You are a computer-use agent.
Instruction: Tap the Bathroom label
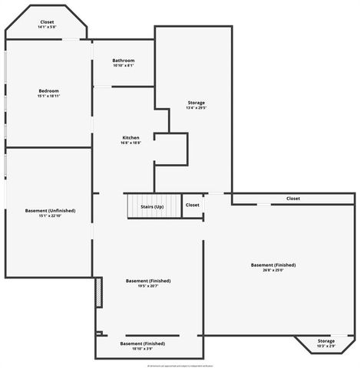124,61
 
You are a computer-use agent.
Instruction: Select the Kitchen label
130,138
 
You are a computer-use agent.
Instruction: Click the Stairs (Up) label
152,207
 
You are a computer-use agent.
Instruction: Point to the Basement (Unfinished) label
50,210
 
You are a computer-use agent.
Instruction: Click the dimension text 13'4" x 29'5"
197,108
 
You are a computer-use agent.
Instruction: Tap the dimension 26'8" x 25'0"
272,270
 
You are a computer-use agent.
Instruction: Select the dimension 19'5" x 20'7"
148,286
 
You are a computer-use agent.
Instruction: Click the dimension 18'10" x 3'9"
143,349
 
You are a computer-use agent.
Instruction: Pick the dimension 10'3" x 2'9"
326,347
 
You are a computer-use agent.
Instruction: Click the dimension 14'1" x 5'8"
47,28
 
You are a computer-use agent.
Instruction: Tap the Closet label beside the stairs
192,205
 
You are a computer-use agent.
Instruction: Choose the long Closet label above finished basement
293,199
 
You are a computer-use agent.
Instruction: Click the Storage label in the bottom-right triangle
326,341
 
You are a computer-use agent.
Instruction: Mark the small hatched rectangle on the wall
98,292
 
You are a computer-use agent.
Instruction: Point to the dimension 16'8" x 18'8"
130,143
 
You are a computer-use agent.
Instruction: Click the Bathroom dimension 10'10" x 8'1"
124,66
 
